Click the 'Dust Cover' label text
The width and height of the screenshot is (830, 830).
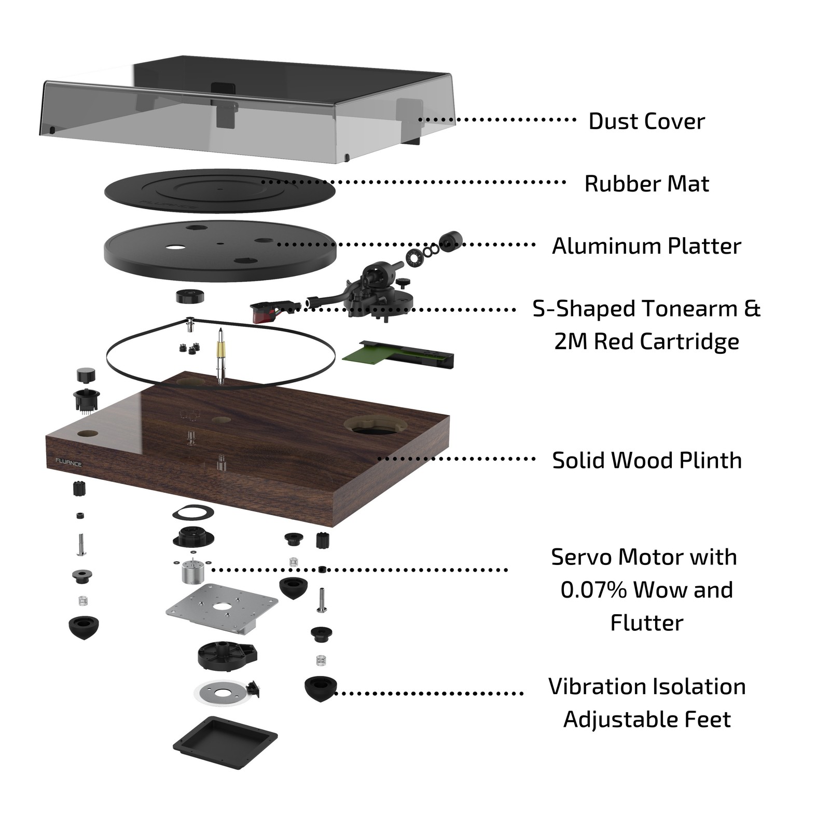(x=646, y=121)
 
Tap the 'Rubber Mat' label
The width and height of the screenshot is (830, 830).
(x=646, y=184)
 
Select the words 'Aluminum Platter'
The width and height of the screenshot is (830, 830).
(x=646, y=246)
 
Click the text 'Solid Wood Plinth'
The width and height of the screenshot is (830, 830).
(x=646, y=460)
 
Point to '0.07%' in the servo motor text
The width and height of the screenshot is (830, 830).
(x=592, y=590)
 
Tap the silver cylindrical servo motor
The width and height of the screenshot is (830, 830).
(x=192, y=573)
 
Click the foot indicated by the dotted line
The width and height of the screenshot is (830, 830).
(x=320, y=689)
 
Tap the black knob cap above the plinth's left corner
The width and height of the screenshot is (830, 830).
(x=86, y=375)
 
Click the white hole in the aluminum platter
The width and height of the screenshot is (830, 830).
(x=174, y=246)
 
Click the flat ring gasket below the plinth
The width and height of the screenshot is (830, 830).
(x=193, y=513)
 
